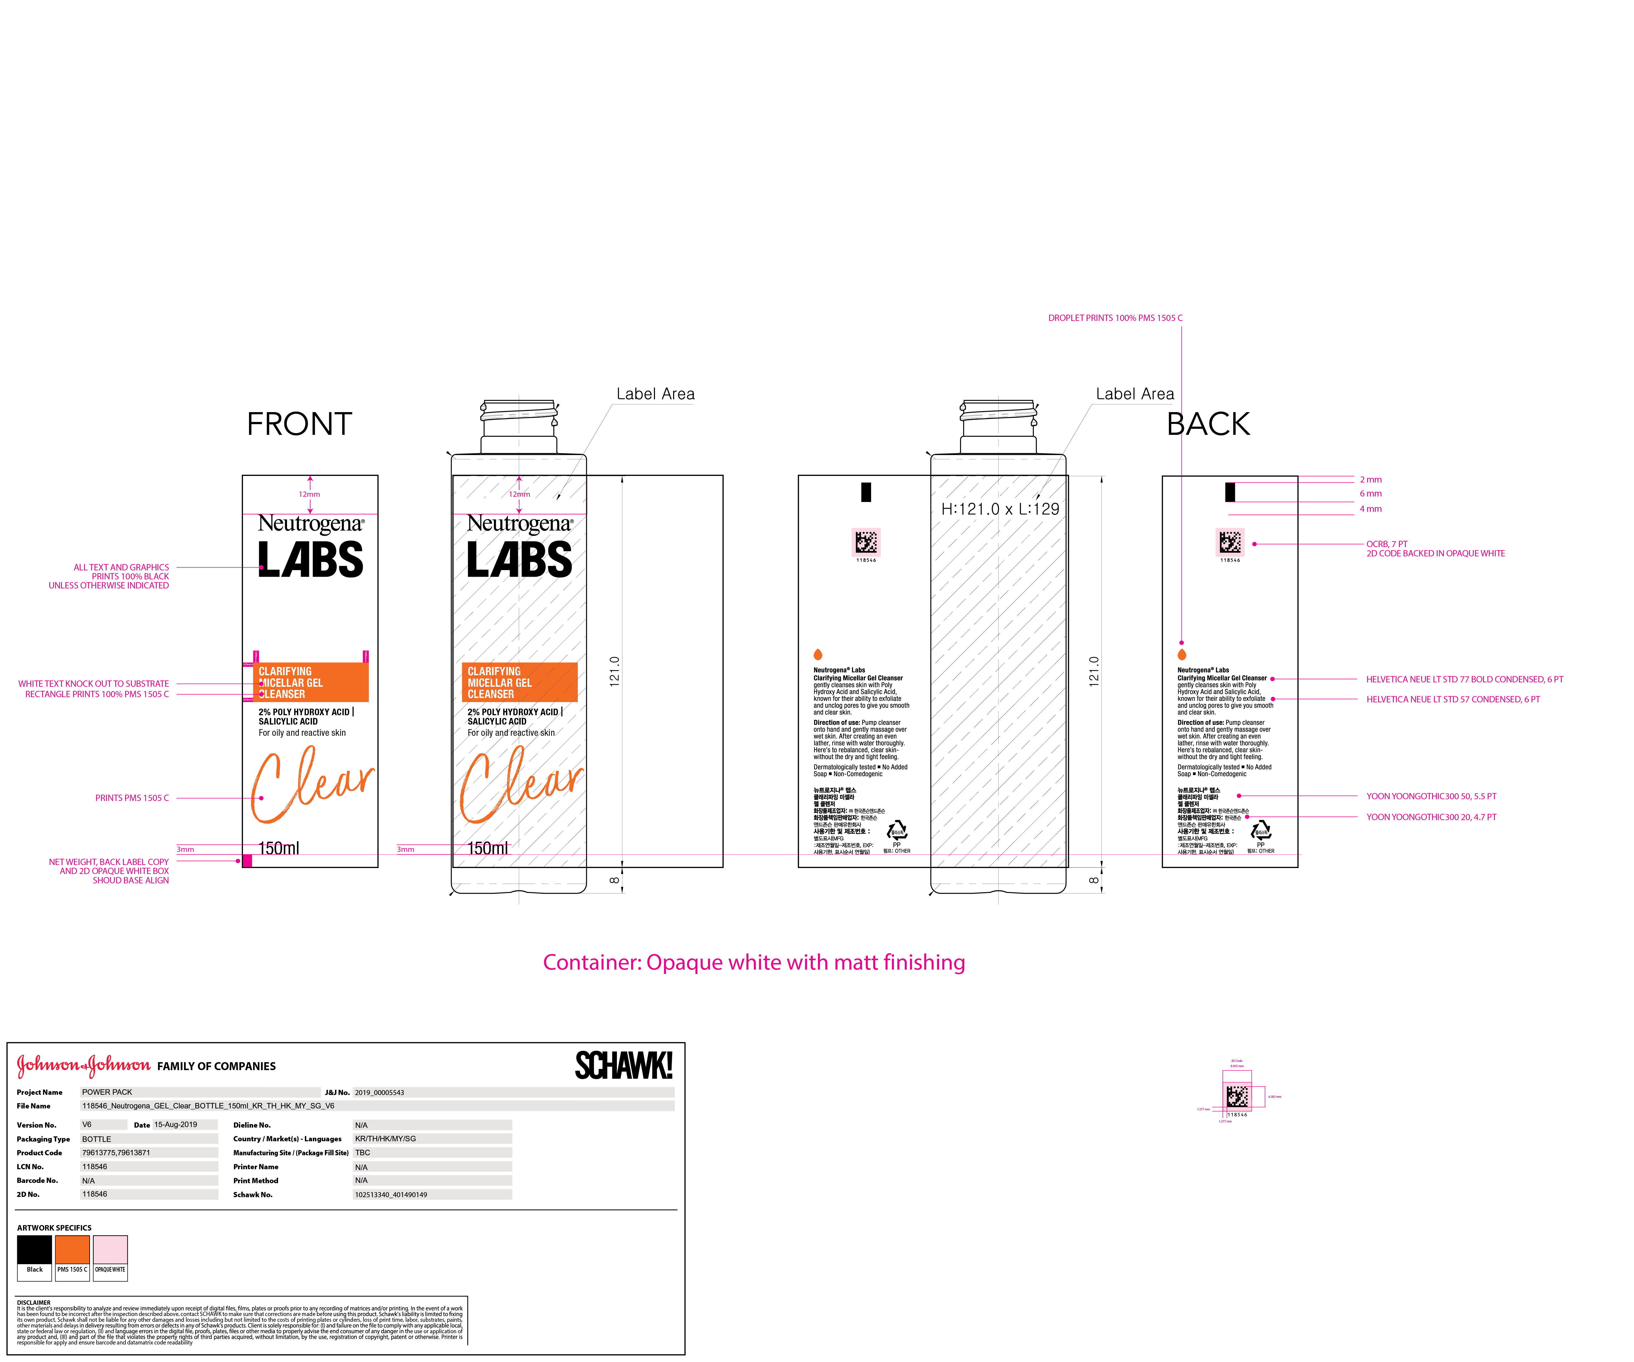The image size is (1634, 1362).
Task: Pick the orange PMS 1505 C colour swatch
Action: pos(72,1249)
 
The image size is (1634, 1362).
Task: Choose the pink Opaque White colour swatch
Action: pos(110,1249)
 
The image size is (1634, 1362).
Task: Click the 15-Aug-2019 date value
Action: pos(175,1125)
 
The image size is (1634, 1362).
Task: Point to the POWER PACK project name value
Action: pos(107,1092)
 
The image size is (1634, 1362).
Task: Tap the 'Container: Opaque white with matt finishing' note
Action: pos(753,963)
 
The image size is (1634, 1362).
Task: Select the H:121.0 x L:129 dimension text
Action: pos(1000,510)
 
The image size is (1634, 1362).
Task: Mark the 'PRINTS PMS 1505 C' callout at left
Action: pos(132,798)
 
